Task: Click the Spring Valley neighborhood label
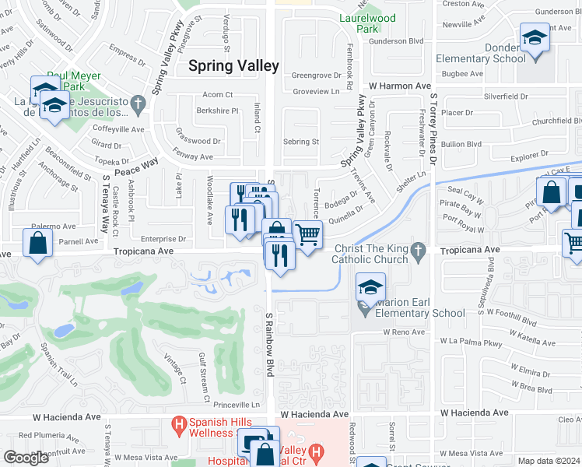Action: (x=233, y=66)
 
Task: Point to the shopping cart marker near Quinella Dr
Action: (x=308, y=233)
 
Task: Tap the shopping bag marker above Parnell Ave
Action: (x=38, y=244)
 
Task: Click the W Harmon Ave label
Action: (x=400, y=86)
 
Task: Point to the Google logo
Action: (x=26, y=458)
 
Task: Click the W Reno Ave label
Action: (x=403, y=332)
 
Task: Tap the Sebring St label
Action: (x=301, y=142)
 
